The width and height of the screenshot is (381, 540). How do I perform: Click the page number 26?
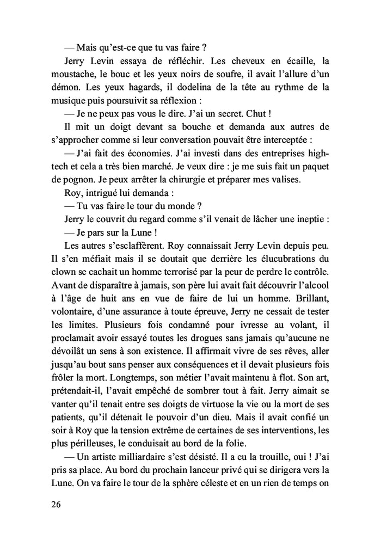54,504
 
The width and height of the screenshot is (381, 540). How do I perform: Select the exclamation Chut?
257,115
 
